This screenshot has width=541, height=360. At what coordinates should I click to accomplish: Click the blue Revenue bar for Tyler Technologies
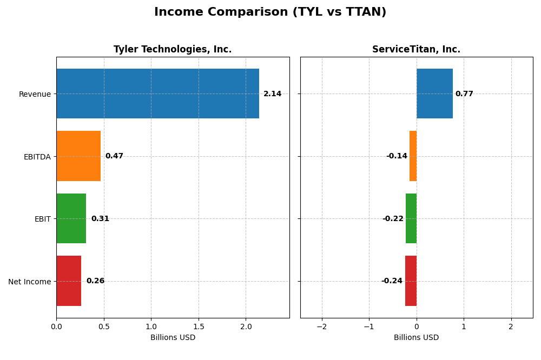point(157,94)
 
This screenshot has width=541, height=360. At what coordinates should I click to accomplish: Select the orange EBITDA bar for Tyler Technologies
point(78,156)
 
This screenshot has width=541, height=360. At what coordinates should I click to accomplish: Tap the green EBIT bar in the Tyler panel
point(71,218)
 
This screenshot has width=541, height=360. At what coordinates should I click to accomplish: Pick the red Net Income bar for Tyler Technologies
point(69,281)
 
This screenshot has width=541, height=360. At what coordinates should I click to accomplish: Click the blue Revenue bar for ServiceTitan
point(434,94)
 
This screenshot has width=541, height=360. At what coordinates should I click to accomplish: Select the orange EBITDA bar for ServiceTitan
point(413,156)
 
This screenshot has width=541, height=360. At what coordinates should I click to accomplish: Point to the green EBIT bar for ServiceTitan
point(411,218)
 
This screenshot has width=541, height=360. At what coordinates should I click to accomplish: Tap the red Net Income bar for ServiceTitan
point(411,281)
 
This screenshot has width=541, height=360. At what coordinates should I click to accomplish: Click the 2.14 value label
point(272,94)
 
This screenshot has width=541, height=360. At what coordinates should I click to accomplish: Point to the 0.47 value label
point(114,156)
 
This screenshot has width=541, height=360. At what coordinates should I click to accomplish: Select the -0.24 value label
point(392,281)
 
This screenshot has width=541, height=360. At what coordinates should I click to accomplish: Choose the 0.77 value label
point(464,94)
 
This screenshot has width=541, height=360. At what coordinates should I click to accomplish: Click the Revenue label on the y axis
point(35,95)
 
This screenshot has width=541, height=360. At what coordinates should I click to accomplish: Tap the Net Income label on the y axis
point(30,282)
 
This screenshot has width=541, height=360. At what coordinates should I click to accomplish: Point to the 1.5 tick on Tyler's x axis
point(199,326)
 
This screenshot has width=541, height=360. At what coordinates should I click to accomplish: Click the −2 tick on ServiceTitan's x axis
point(321,326)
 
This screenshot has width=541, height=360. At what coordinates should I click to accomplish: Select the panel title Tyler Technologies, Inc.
point(173,50)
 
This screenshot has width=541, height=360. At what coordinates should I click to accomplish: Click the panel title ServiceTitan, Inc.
point(416,50)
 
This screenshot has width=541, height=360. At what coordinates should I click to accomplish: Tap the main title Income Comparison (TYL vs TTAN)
point(270,12)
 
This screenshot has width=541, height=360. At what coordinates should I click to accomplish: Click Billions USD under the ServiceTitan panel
point(416,337)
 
